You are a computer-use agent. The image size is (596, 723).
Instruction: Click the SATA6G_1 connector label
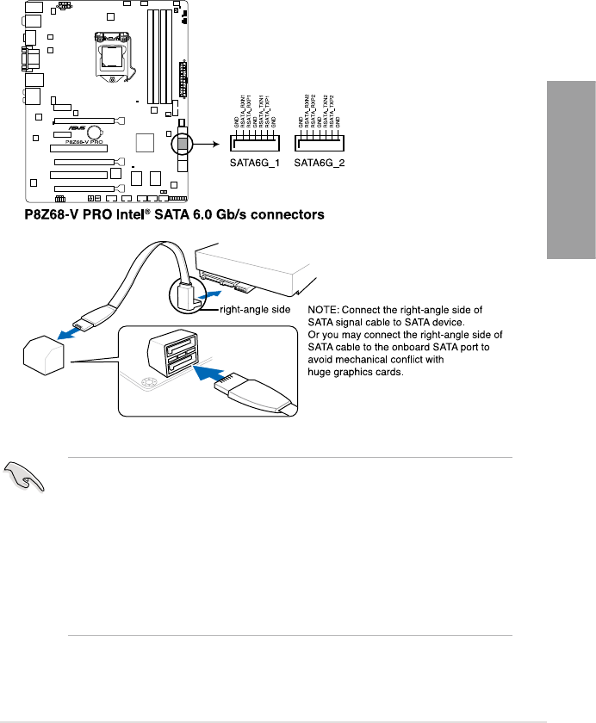[254, 161]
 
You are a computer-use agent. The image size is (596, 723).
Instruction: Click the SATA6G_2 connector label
[320, 161]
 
